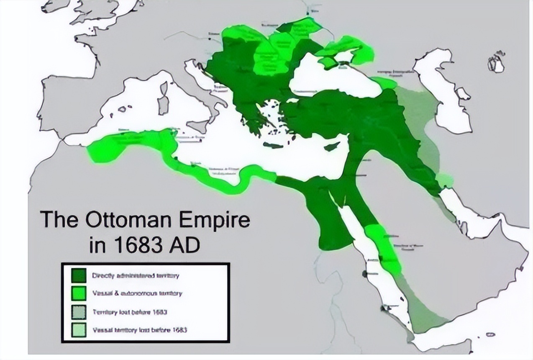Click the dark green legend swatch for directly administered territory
click(x=78, y=275)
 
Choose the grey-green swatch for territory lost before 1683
click(x=78, y=312)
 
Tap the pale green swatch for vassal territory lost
click(x=78, y=329)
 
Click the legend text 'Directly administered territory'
click(x=136, y=275)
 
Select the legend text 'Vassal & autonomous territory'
click(x=137, y=293)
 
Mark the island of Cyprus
click(x=331, y=147)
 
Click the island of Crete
click(x=274, y=145)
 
